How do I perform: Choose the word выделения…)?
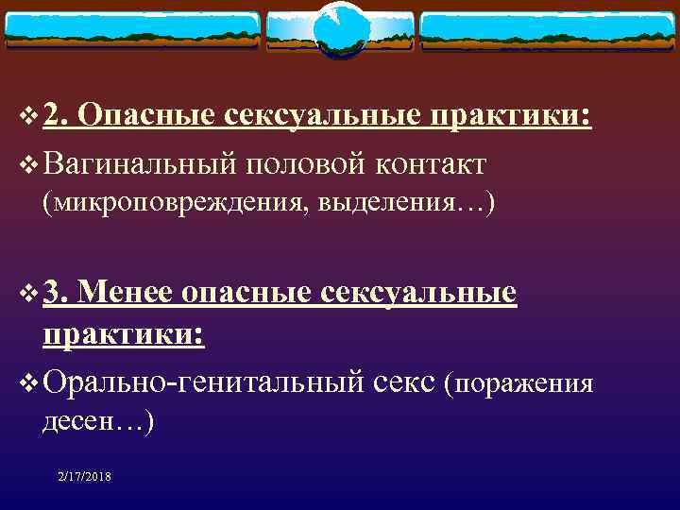(x=406, y=202)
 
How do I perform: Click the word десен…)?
(x=98, y=421)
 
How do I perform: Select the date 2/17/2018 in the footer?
(x=83, y=478)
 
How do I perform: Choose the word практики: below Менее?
(x=123, y=336)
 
